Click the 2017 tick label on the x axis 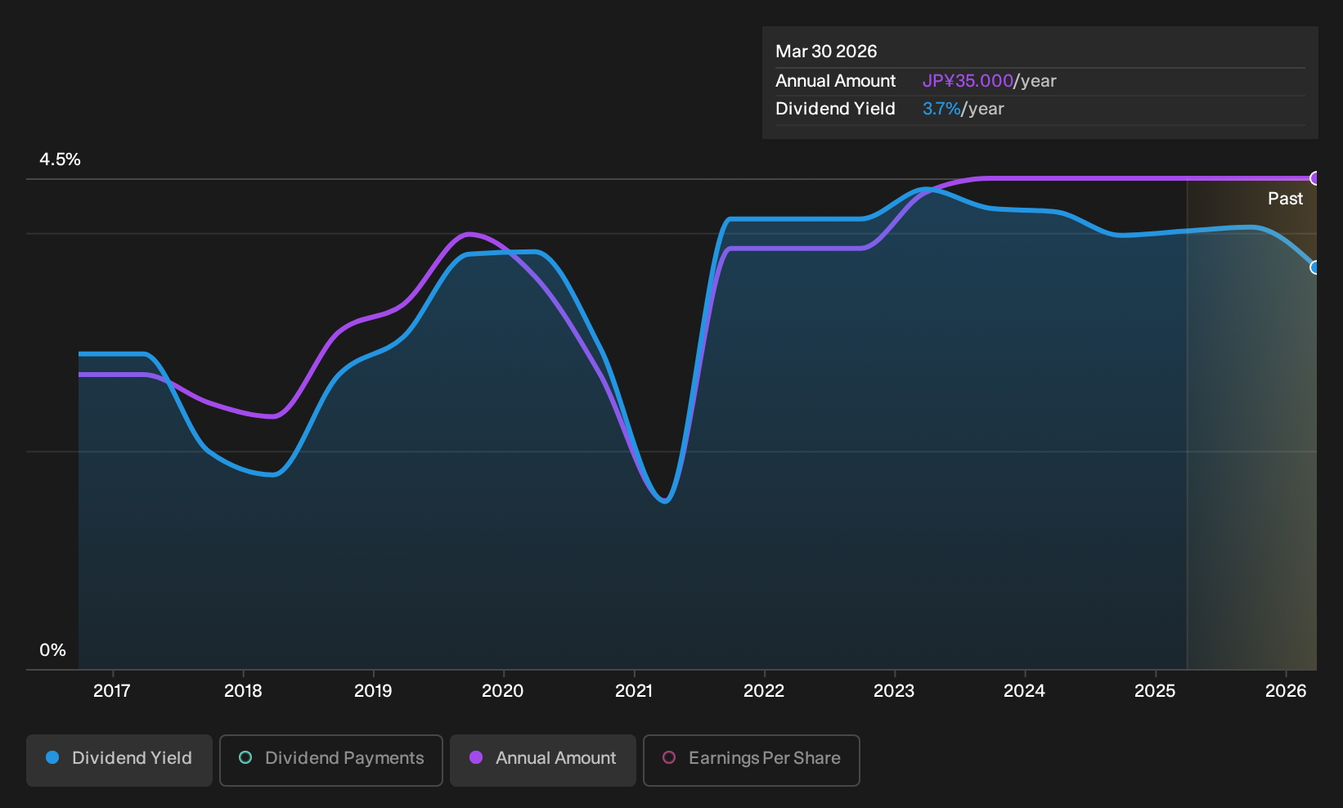point(112,691)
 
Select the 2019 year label point(373,691)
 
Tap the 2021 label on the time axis point(634,691)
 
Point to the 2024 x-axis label point(1025,691)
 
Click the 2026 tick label point(1286,691)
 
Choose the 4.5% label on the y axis point(60,159)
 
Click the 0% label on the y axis point(53,650)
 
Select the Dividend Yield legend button point(119,760)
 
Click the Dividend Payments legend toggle point(331,760)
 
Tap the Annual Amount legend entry point(542,760)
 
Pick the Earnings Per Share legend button point(751,760)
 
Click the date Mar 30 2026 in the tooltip point(826,52)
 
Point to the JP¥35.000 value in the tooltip point(968,81)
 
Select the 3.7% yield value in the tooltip point(941,109)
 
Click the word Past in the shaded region point(1285,199)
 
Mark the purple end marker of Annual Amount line point(1314,178)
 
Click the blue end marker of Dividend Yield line point(1314,267)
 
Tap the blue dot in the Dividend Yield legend point(53,757)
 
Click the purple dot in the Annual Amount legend point(475,757)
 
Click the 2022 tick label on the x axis point(764,691)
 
